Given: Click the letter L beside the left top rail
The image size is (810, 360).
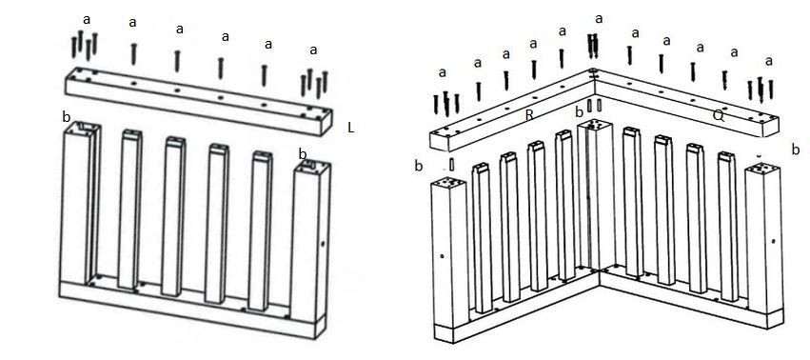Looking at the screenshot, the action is point(351,129).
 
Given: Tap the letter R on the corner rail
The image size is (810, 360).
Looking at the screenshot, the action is point(529,115).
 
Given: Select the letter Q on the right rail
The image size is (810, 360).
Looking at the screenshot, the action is point(718,116).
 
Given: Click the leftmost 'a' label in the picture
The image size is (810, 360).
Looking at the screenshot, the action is point(87,20).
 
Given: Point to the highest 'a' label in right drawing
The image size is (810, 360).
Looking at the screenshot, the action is point(599,19).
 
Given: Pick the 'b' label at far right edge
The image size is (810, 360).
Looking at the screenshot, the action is point(796,150).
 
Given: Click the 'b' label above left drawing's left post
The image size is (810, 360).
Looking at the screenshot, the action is point(66,117).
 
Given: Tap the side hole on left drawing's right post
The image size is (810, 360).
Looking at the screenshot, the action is point(323,243).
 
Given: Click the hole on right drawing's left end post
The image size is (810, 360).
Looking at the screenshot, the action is point(442,256).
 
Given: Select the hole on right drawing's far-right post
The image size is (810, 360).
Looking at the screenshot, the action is point(773,241).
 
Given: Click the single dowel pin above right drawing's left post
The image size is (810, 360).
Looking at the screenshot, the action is point(451,165).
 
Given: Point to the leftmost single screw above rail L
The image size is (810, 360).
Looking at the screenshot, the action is point(133,54).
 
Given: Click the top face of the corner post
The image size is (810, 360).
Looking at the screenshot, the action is point(594,125).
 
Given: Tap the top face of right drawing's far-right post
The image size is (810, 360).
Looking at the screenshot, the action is point(763,169).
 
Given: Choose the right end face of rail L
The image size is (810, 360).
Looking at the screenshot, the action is point(326,122).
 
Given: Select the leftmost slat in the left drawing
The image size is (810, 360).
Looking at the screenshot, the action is point(129,210).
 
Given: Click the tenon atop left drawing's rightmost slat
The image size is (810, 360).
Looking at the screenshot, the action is point(262,154).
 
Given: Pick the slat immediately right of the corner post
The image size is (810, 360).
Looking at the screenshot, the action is point(632,202).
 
